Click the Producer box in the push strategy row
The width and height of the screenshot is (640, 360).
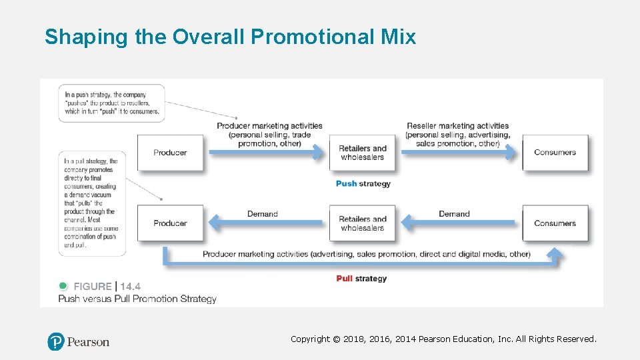point(170,153)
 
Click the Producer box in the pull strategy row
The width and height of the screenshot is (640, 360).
point(170,223)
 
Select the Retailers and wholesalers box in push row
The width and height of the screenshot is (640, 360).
point(363,153)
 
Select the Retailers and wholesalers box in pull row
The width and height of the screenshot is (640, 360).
point(363,223)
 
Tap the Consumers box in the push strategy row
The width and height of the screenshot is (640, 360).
point(555,153)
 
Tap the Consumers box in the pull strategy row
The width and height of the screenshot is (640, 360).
point(555,223)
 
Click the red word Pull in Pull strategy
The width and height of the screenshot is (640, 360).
point(345,279)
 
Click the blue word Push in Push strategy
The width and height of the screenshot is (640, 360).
point(346,184)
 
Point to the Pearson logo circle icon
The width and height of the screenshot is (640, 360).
point(56,342)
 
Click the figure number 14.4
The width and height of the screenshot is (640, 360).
point(131,287)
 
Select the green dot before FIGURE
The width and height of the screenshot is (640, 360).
point(64,286)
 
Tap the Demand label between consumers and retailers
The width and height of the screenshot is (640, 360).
point(454,214)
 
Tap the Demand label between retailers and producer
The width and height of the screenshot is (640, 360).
point(262,214)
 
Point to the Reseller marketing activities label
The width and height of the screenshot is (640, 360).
point(457,126)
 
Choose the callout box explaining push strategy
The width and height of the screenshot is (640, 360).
point(112,103)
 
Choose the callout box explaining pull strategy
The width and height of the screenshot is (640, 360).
point(91,203)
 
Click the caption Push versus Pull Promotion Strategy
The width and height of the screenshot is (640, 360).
point(137,299)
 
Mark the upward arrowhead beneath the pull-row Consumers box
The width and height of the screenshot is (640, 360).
point(555,253)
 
